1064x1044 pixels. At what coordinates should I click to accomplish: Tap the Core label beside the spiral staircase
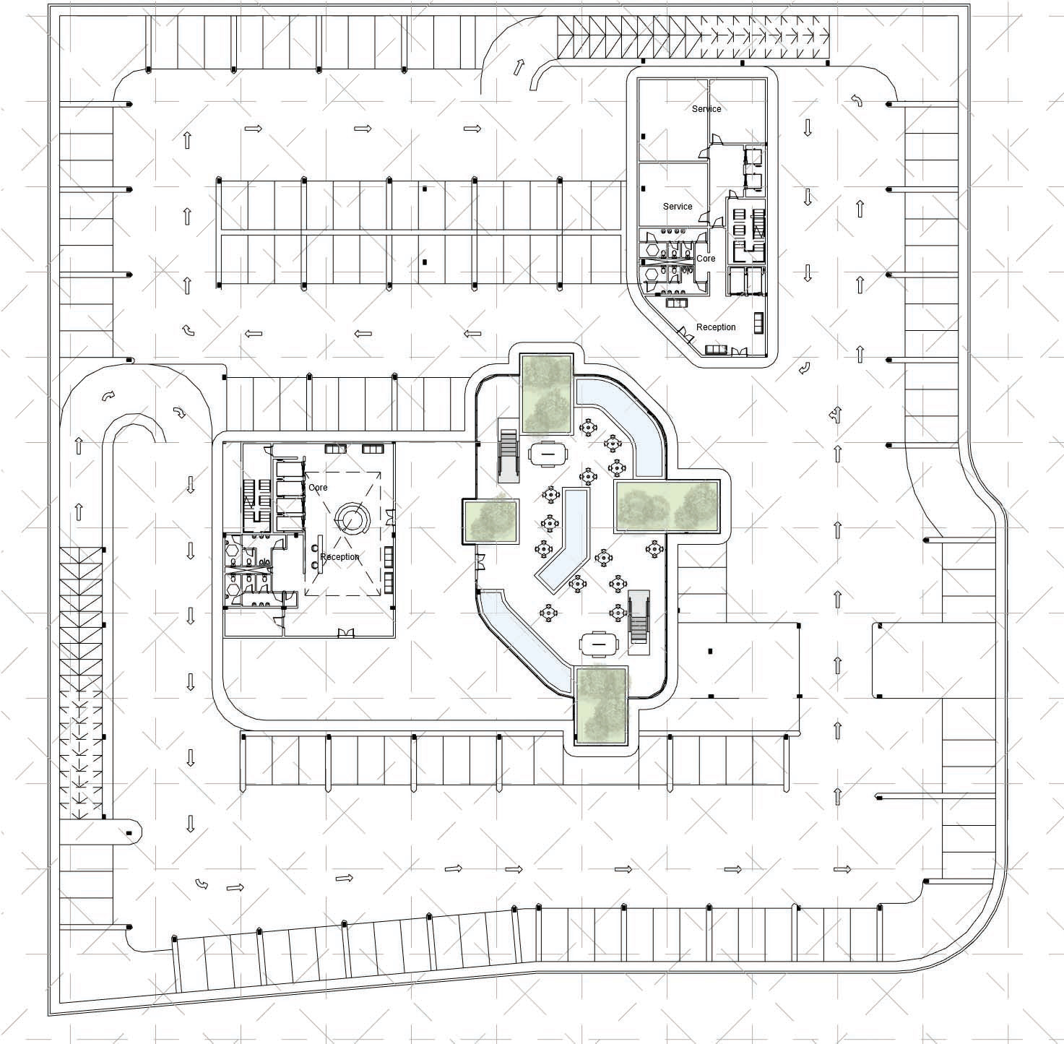pyautogui.click(x=318, y=488)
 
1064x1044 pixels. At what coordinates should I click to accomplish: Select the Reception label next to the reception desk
pyautogui.click(x=339, y=557)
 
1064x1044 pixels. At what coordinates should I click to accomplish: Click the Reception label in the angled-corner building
pyautogui.click(x=716, y=327)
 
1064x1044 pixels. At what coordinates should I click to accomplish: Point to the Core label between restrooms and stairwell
pyautogui.click(x=706, y=259)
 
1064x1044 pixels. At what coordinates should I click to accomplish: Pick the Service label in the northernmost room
pyautogui.click(x=706, y=109)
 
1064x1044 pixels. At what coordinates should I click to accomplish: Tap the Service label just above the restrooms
pyautogui.click(x=678, y=207)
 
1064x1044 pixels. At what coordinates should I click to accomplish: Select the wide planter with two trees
pyautogui.click(x=668, y=506)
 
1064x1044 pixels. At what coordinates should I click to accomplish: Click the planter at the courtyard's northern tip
pyautogui.click(x=547, y=394)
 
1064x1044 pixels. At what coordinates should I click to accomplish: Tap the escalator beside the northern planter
pyautogui.click(x=509, y=457)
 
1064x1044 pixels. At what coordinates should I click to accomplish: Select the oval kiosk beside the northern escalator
pyautogui.click(x=550, y=454)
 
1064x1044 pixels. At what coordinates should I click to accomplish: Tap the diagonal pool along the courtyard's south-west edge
pyautogui.click(x=524, y=638)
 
